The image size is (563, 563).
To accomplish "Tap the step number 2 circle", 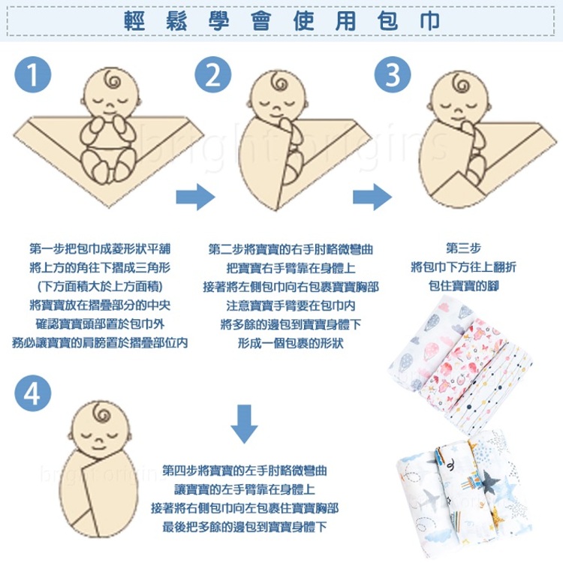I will [213, 74].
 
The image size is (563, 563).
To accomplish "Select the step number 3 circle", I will [393, 74].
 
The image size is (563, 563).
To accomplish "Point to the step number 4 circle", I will [32, 393].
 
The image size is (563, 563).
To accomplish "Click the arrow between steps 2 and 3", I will [372, 197].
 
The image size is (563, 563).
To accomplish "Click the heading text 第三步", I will [463, 248].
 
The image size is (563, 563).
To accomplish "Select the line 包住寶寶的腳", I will [463, 286].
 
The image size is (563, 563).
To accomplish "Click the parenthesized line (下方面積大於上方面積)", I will [99, 286].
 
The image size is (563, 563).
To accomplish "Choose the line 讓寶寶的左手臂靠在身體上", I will [244, 489].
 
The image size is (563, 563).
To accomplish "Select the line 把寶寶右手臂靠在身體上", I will [290, 267].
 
